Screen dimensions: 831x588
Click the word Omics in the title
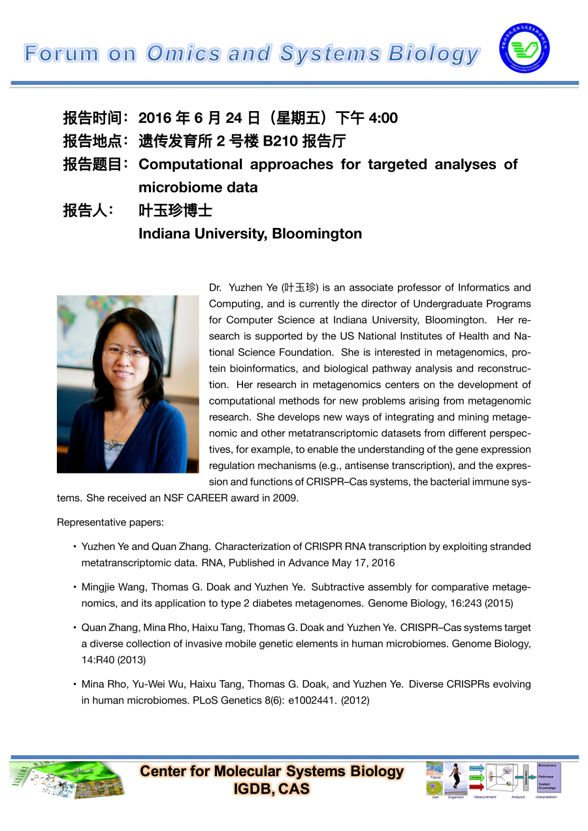(182, 54)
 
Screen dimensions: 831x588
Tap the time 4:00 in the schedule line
(383, 118)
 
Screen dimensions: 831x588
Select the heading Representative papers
(101, 522)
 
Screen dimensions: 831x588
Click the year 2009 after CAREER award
(287, 498)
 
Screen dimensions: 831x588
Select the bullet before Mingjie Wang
(75, 587)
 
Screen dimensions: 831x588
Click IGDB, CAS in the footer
(271, 789)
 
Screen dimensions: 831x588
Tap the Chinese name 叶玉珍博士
(175, 211)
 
